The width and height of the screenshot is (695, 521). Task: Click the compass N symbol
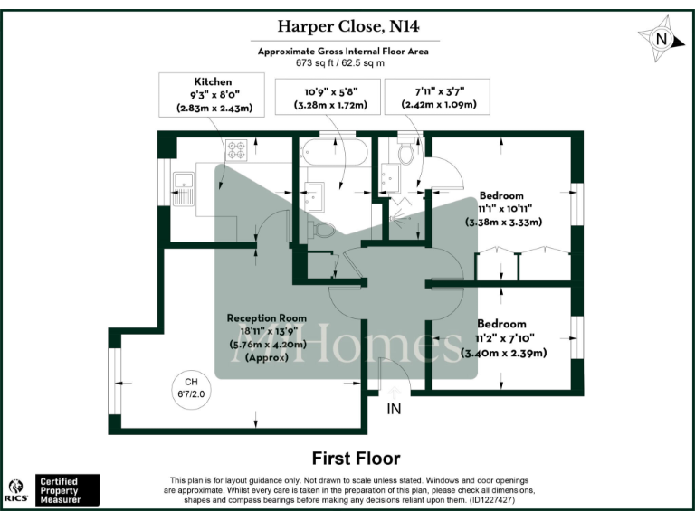(x=662, y=39)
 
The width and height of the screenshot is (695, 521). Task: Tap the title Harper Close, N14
(x=347, y=27)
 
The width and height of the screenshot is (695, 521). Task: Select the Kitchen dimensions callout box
(x=214, y=95)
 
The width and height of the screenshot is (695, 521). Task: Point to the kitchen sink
(x=184, y=185)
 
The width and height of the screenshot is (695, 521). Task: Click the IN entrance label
(x=394, y=409)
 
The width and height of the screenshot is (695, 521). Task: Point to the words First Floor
(x=356, y=458)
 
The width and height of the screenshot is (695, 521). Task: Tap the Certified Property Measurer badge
(x=67, y=489)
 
